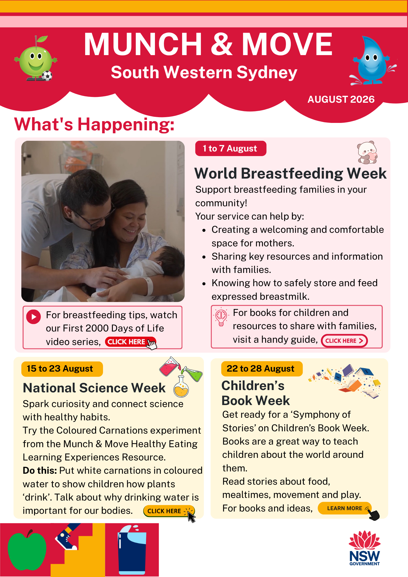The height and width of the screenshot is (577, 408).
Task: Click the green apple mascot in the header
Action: (x=36, y=59)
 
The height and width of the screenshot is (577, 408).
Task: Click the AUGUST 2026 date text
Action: (x=341, y=99)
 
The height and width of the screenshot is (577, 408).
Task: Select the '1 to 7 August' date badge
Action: (x=231, y=149)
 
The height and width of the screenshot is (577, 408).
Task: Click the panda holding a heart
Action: (x=367, y=153)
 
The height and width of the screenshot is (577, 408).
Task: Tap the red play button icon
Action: (x=34, y=317)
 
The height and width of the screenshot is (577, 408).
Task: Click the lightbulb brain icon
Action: (x=221, y=317)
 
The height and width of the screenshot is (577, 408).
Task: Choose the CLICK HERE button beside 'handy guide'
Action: (x=344, y=341)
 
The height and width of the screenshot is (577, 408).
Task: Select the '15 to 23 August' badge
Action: (x=62, y=369)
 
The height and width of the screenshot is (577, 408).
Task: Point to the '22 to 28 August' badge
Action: (x=262, y=369)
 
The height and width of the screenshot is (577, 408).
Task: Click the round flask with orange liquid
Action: (x=181, y=387)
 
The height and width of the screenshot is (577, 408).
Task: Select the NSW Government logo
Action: (x=364, y=548)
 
